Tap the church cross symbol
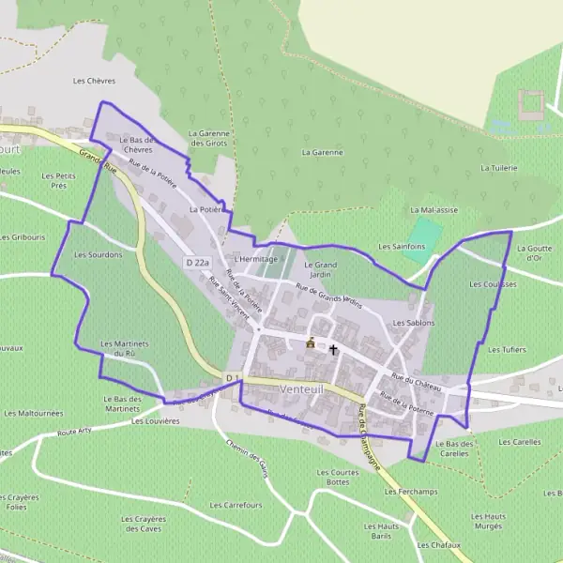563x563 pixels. (333, 349)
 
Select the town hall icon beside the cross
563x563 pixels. (311, 343)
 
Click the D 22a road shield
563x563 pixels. (197, 264)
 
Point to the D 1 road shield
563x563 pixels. (232, 377)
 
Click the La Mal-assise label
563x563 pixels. (434, 210)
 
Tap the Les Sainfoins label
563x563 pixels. (401, 246)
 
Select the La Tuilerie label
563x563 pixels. (498, 168)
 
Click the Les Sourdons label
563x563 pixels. (98, 254)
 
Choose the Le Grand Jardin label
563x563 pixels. (320, 270)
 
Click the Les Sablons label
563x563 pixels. (414, 323)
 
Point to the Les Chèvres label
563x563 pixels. (93, 82)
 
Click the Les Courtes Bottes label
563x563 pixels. (338, 477)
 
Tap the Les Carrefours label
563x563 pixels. (236, 505)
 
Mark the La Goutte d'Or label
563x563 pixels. (534, 252)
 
